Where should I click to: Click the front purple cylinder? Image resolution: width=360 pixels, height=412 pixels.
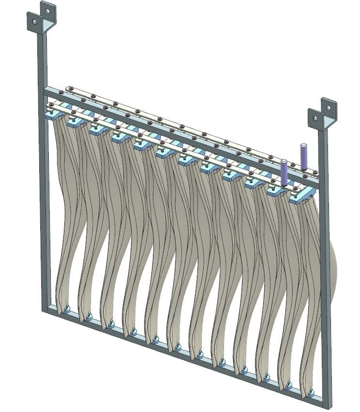point(284,172)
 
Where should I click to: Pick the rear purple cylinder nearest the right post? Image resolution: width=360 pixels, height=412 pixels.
point(303,156)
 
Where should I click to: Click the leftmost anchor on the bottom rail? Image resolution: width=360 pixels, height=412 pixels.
point(66,309)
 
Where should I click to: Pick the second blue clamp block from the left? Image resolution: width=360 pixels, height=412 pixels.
point(76,122)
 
